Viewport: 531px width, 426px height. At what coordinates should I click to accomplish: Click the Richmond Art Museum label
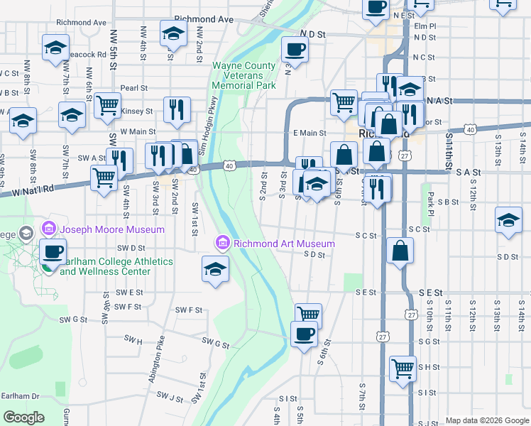point(284,244)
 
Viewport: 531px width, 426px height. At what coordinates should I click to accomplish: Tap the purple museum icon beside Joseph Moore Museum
point(49,229)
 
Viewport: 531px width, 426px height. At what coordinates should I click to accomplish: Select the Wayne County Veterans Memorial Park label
point(243,76)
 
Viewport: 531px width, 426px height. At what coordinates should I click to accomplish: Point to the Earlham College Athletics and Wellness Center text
point(116,266)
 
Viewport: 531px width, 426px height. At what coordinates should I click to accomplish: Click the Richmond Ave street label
point(204,19)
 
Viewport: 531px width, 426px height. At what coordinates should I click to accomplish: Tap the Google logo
point(23,417)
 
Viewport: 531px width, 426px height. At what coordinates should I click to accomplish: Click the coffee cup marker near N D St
point(295,50)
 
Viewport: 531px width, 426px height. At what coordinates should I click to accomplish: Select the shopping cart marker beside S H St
point(403,368)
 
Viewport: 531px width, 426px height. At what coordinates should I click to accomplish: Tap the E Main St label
point(309,133)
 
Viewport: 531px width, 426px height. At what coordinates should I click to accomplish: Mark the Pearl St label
point(133,88)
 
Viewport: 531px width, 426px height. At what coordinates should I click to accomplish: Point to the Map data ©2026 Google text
point(486,420)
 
